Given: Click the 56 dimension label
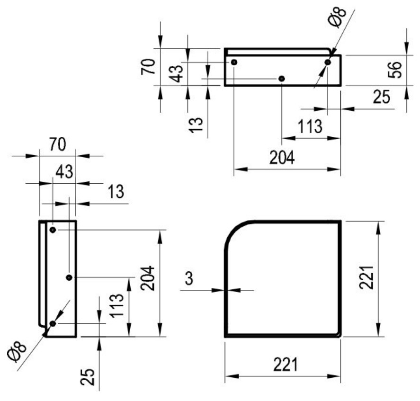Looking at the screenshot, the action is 395,70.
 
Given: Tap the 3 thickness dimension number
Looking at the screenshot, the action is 189,278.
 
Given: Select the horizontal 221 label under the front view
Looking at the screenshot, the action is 285,364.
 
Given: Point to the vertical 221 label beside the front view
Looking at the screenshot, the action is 366,277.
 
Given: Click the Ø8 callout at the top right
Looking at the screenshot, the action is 337,18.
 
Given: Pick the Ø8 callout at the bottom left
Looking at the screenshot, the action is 17,351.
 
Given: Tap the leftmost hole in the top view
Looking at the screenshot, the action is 234,62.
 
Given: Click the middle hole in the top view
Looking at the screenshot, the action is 282,79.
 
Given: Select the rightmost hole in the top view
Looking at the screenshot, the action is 328,62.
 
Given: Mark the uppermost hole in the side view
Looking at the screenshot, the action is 53,230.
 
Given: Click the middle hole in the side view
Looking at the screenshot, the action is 69,277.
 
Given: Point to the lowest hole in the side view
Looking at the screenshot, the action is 53,323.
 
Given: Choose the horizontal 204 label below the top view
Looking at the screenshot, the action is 282,158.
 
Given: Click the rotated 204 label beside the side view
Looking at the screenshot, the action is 148,278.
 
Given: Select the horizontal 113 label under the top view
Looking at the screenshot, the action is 310,126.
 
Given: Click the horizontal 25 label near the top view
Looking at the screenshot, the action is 382,97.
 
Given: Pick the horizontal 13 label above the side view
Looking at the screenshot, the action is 116,192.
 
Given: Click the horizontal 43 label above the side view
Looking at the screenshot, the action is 64,172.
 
